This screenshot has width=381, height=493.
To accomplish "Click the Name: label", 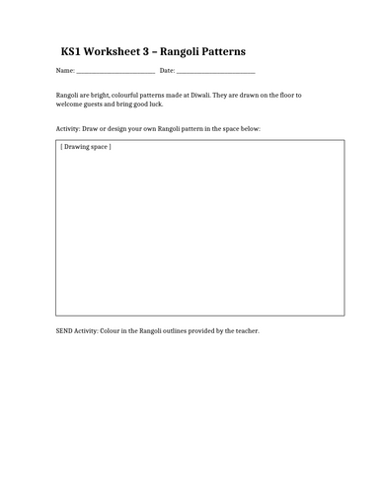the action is [x=65, y=71].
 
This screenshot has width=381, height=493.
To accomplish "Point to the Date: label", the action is [x=167, y=71].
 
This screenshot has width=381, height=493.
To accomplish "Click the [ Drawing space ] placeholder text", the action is [x=86, y=147].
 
